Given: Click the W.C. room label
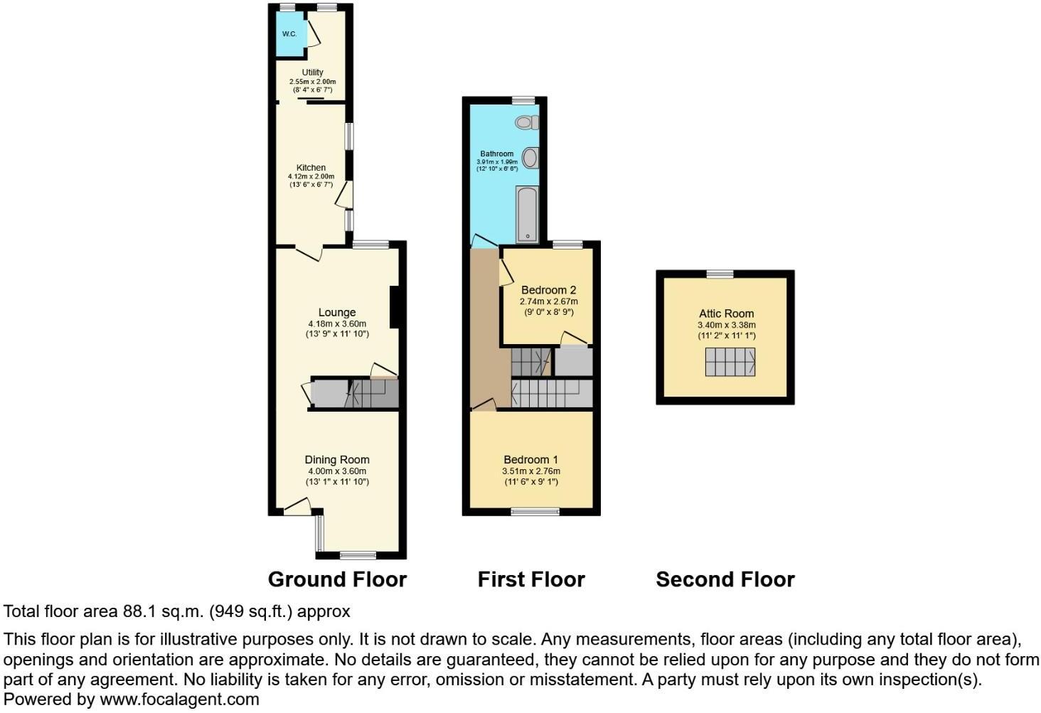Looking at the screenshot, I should coord(289,34).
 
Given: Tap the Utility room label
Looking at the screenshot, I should coord(312,73).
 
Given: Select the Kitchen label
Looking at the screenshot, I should coord(311,168).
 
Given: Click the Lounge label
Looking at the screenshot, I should coord(337,313).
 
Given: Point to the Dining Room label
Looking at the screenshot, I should coord(337,460).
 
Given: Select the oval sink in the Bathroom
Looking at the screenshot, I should coord(530,158).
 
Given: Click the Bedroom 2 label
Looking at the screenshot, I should coord(548,290).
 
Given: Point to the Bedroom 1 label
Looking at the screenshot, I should coord(531,460).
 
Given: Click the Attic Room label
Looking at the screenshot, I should coord(726,313).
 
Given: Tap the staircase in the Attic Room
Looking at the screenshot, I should coord(730,362).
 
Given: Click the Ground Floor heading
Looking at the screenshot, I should coord(337,580).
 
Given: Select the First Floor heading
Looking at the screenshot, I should coord(531,580).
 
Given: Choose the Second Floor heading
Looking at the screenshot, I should coord(725,580).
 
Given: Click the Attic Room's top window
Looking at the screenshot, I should coord(720,274).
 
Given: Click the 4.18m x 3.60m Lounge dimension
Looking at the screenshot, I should coord(337,324).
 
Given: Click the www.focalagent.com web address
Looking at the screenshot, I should coord(179,699).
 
